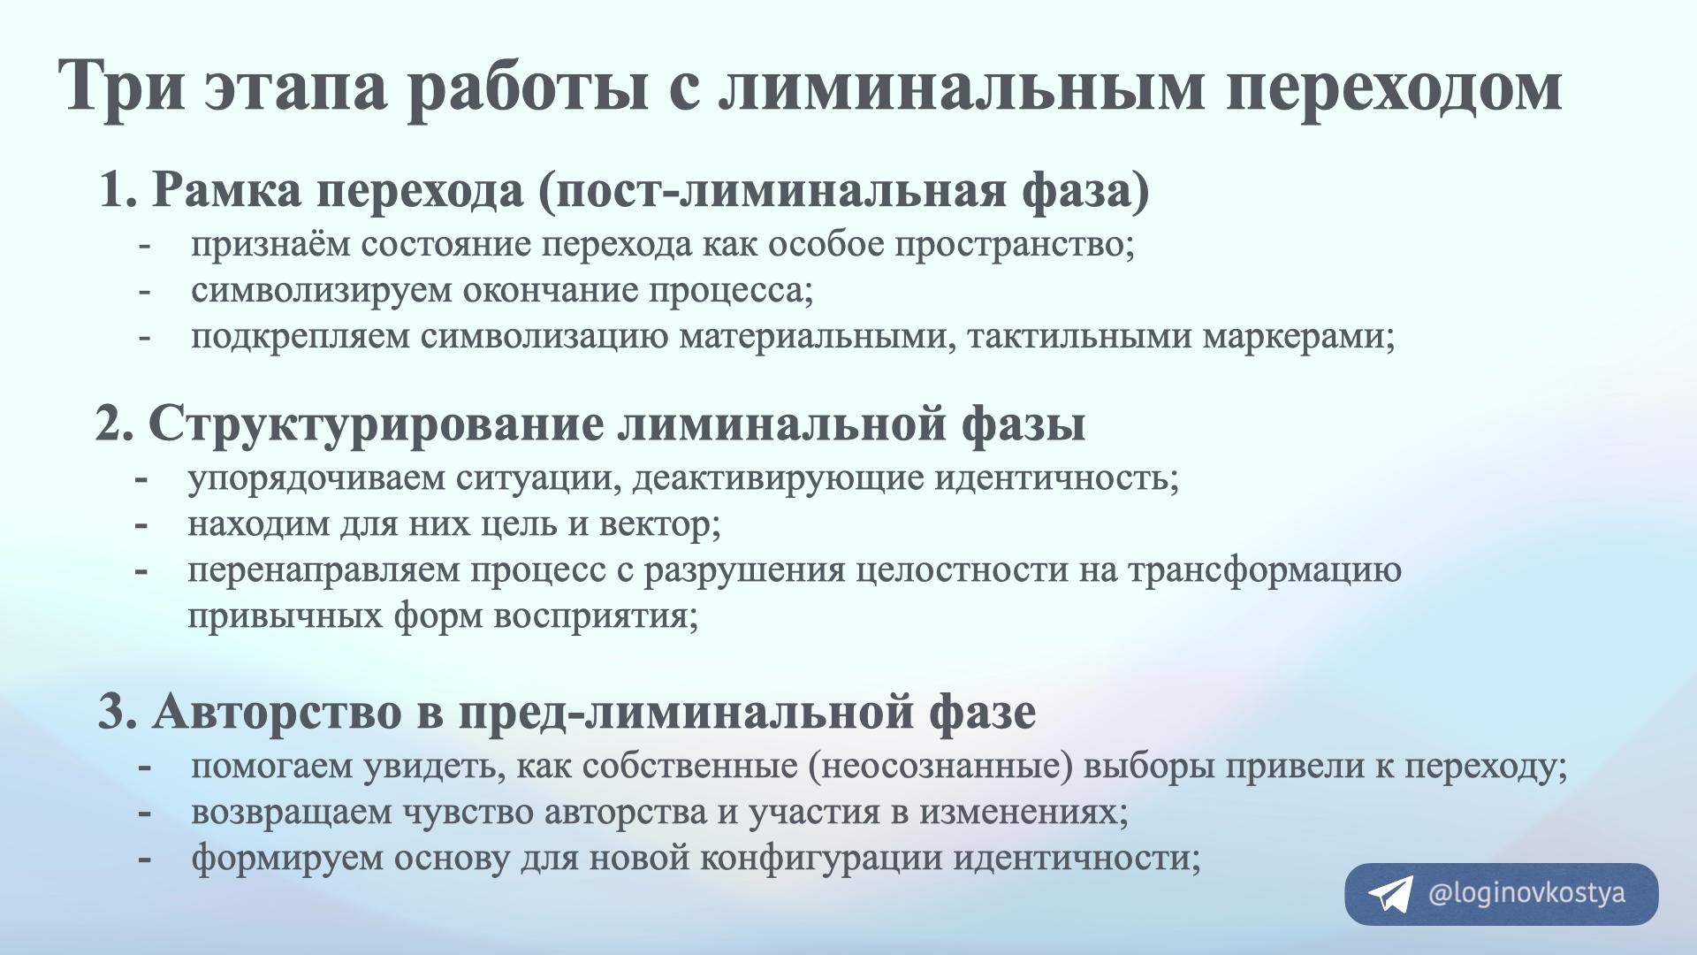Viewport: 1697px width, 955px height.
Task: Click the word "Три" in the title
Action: [x=122, y=87]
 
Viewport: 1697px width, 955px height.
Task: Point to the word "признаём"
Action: [x=270, y=245]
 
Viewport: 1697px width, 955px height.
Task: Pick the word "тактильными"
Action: [x=1080, y=337]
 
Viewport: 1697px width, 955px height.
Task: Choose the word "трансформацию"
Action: [x=1265, y=571]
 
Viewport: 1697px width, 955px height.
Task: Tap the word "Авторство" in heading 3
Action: [x=277, y=712]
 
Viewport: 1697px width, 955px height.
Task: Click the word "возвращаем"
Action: [x=292, y=813]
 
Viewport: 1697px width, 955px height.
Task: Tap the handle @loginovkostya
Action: [x=1526, y=894]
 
